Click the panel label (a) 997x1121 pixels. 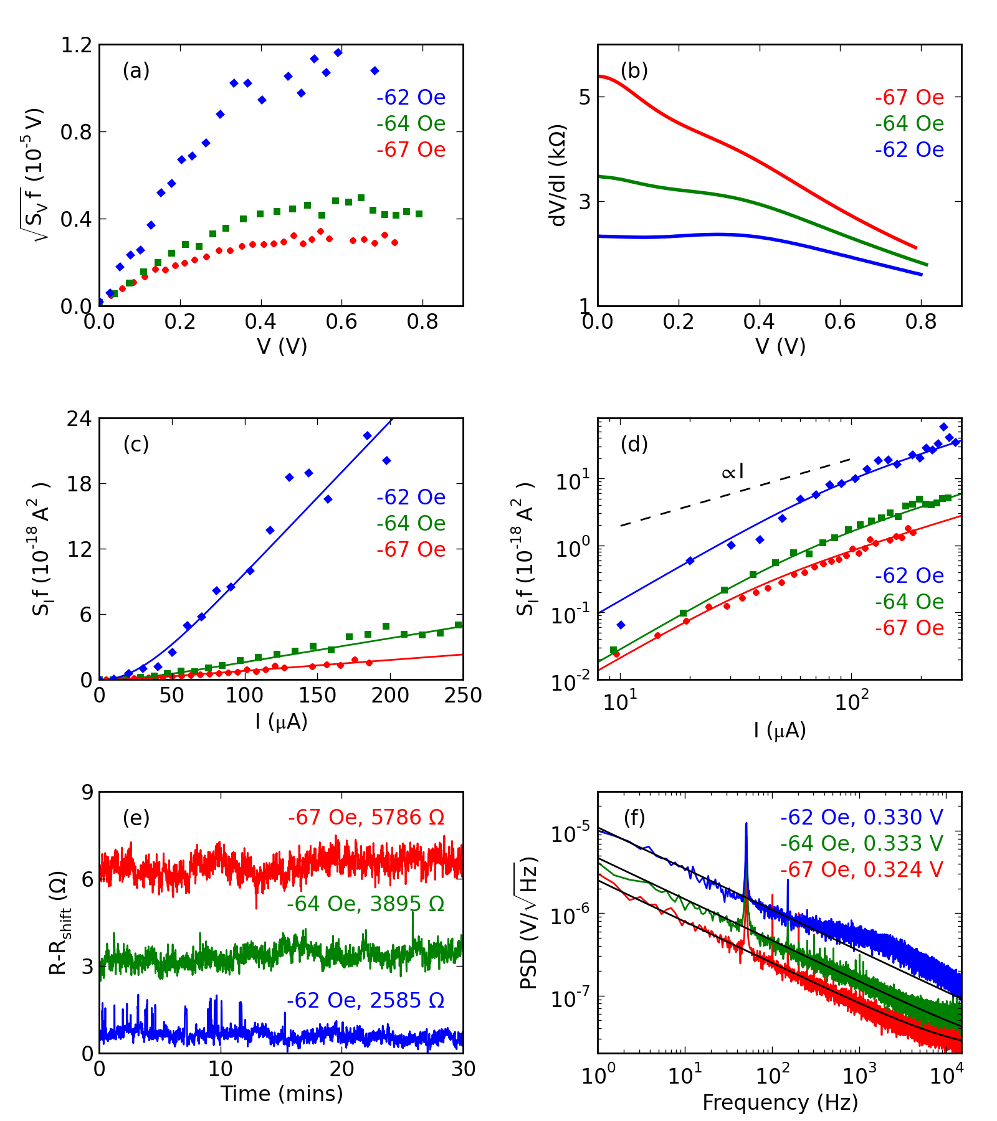pyautogui.click(x=136, y=71)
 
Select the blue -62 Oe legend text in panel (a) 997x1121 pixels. pyautogui.click(x=411, y=98)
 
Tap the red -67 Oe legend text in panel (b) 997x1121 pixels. pyautogui.click(x=909, y=98)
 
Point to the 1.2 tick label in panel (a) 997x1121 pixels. pyautogui.click(x=76, y=45)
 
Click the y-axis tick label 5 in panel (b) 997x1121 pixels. pyautogui.click(x=584, y=97)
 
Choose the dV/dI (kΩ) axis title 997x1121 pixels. pyautogui.click(x=558, y=175)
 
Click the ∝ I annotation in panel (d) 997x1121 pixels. pyautogui.click(x=732, y=471)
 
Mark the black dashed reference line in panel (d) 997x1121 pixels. pyautogui.click(x=735, y=493)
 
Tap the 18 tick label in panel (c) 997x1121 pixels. pyautogui.click(x=80, y=484)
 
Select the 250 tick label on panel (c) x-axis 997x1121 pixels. pyautogui.click(x=462, y=695)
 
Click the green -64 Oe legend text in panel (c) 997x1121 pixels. pyautogui.click(x=411, y=524)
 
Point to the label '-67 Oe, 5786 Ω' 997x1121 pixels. pyautogui.click(x=366, y=817)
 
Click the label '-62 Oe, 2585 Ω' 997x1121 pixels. pyautogui.click(x=366, y=1000)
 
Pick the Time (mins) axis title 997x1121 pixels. pyautogui.click(x=282, y=1093)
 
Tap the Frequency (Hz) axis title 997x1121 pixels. pyautogui.click(x=780, y=1102)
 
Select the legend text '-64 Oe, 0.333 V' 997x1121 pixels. pyautogui.click(x=861, y=843)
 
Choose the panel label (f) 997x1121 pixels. pyautogui.click(x=634, y=818)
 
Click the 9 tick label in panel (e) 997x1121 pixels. pyautogui.click(x=86, y=793)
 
